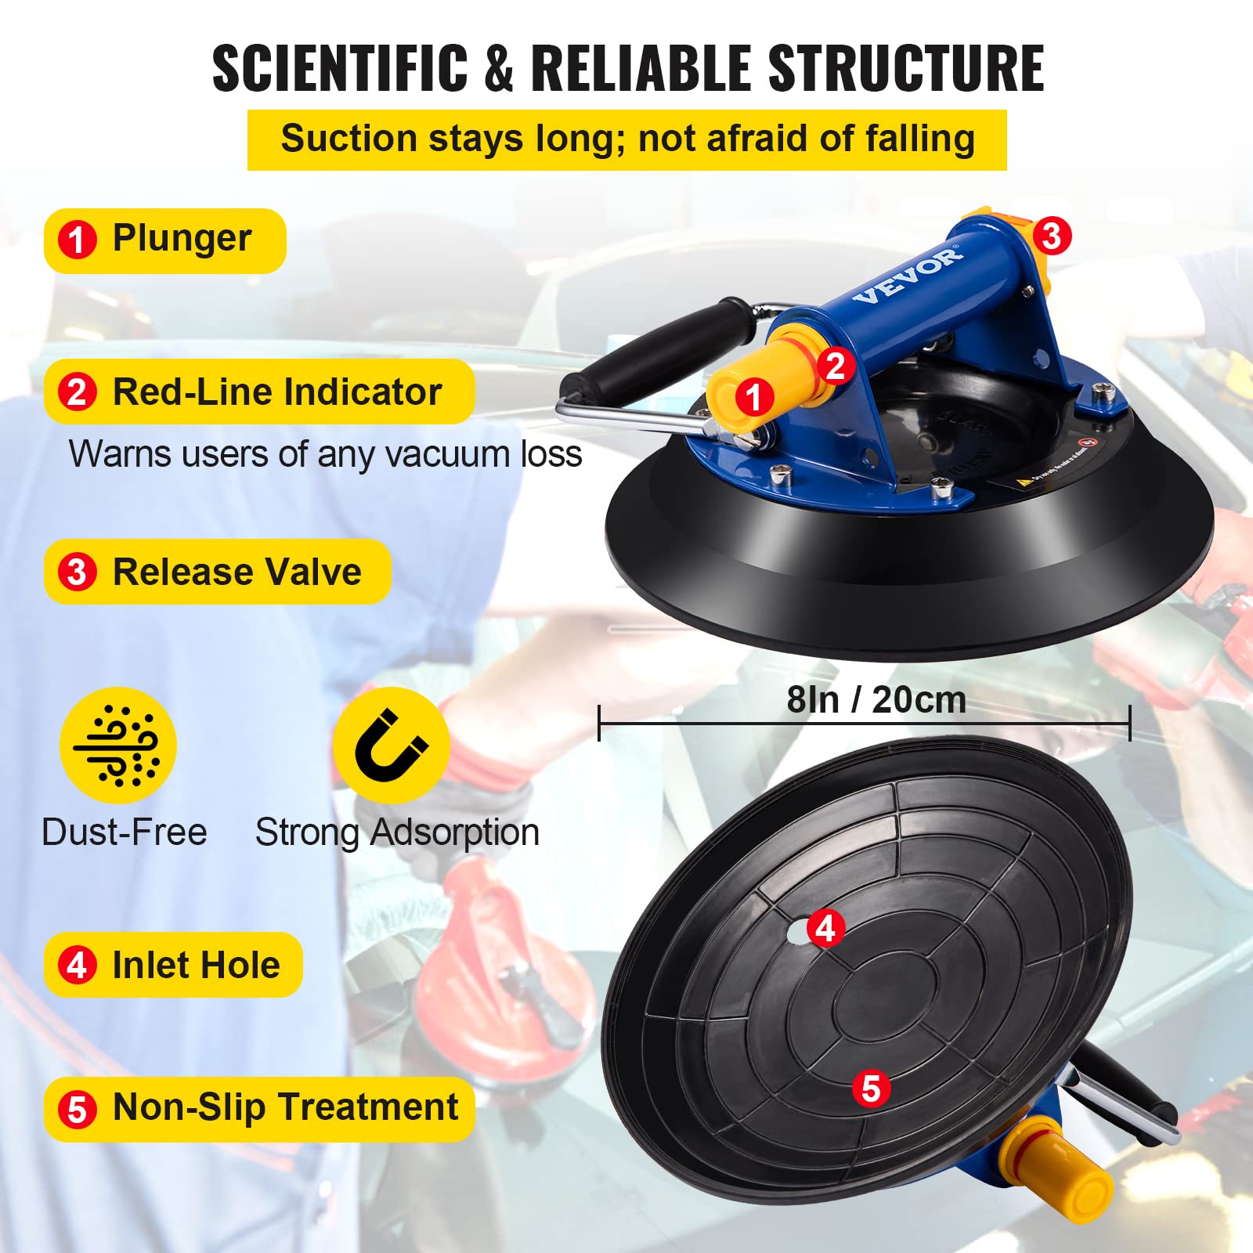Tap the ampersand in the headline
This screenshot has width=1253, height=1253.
(499, 68)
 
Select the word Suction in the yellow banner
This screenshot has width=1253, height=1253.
(348, 139)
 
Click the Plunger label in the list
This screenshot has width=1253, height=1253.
(182, 239)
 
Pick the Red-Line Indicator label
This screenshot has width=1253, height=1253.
(276, 392)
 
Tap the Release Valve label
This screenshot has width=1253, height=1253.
(237, 572)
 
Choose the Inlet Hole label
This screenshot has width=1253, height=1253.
(196, 965)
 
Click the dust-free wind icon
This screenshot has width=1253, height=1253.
(118, 746)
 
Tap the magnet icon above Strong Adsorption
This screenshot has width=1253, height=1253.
(391, 746)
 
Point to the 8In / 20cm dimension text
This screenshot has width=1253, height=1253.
(876, 700)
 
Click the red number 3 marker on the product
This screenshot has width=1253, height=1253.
(1051, 236)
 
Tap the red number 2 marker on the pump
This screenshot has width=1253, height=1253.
(836, 366)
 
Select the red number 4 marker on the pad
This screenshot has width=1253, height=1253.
(825, 929)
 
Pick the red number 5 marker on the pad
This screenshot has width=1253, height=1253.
(871, 1089)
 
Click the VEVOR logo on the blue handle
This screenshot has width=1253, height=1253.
(908, 275)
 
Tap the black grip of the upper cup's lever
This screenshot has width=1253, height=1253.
(658, 349)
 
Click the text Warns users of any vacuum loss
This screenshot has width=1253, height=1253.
(325, 454)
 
